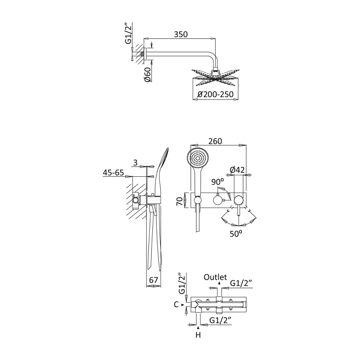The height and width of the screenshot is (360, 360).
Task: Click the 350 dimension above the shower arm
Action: (x=181, y=34)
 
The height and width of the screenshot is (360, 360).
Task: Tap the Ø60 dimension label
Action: (x=148, y=74)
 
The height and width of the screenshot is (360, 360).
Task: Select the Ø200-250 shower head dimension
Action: (x=215, y=94)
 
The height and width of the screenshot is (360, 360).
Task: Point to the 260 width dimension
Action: (x=215, y=141)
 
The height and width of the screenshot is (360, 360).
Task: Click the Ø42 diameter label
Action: (x=237, y=170)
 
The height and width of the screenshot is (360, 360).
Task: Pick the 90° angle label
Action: (x=218, y=182)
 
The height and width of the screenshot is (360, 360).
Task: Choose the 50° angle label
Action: (x=236, y=234)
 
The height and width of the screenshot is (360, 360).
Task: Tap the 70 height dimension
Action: (x=180, y=201)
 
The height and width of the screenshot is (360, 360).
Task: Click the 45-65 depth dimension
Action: (x=113, y=172)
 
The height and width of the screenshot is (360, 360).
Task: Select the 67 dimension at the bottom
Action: (x=154, y=280)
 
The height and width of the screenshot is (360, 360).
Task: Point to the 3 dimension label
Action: (x=135, y=162)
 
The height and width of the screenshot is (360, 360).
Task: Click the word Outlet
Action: (x=215, y=277)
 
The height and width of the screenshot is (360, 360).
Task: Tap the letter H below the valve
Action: (x=198, y=335)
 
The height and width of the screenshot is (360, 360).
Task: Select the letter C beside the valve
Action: (x=176, y=304)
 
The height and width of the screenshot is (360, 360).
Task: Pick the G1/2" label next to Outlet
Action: (x=241, y=283)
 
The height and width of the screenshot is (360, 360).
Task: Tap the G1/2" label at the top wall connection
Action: (x=129, y=33)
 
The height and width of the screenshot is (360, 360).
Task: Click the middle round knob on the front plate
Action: (x=218, y=200)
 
